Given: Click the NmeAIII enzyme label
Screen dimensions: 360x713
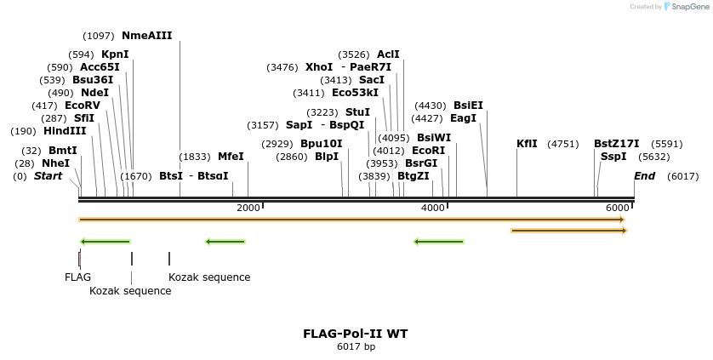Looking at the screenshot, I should click(x=147, y=36).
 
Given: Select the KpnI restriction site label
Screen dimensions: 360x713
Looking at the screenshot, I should click(x=115, y=54).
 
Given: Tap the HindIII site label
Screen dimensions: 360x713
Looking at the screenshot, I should click(x=65, y=131).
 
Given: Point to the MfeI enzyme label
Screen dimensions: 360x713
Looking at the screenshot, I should click(x=231, y=157).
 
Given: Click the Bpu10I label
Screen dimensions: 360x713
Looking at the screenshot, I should click(x=322, y=144).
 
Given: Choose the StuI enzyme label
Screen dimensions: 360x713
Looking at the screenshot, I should click(x=357, y=112).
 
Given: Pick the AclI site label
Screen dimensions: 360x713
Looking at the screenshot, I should click(x=388, y=54).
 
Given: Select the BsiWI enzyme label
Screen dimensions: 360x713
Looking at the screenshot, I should click(x=434, y=137).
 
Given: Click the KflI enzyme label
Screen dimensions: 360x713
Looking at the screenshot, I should click(x=528, y=144).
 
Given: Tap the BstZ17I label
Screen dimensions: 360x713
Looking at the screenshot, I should click(x=617, y=144).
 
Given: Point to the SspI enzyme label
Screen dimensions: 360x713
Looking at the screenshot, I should click(x=613, y=157).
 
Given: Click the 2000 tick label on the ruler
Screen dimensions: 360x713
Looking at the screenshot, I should click(x=248, y=208).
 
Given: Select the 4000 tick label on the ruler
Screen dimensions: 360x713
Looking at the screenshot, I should click(x=433, y=208).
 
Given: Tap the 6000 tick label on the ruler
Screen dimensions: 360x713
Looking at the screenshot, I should click(x=618, y=208).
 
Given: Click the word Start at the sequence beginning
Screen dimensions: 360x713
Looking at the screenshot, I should click(x=48, y=176).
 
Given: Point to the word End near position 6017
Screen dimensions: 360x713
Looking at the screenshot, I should click(x=645, y=176).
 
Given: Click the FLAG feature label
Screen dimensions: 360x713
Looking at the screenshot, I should click(x=77, y=277).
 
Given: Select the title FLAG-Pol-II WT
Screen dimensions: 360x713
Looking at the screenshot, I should click(x=356, y=334).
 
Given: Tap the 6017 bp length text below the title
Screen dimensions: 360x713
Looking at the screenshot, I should click(x=356, y=347).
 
